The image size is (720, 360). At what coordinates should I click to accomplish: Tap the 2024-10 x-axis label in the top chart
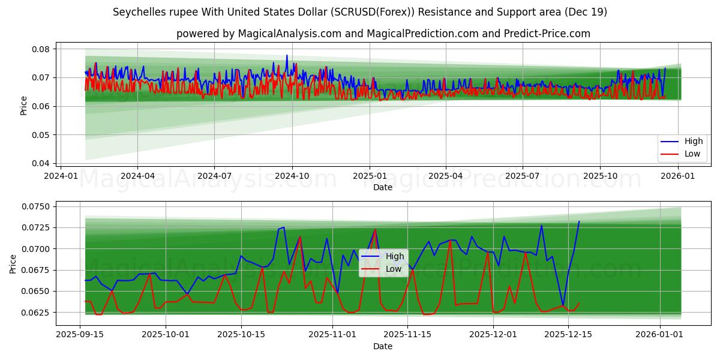(x=292, y=176)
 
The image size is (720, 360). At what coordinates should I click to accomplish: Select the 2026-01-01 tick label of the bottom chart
(x=660, y=335)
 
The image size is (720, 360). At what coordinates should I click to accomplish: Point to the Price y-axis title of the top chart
(x=24, y=106)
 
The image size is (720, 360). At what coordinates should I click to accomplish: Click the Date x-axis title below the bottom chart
(x=383, y=346)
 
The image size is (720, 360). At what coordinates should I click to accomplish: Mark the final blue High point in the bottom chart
(x=579, y=221)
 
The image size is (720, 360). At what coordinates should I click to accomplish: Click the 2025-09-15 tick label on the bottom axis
(x=79, y=335)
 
